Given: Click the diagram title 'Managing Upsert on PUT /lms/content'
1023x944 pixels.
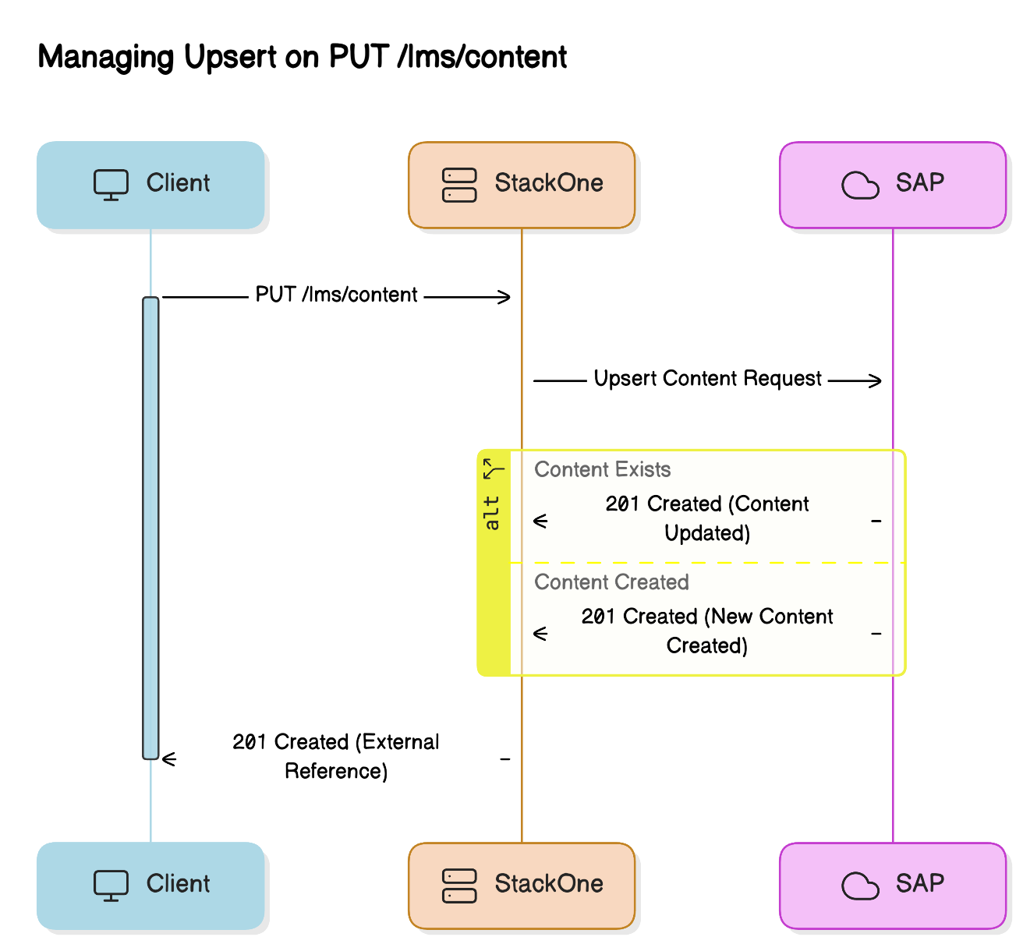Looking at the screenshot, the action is [x=303, y=57].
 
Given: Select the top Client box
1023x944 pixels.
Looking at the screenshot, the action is [x=150, y=185].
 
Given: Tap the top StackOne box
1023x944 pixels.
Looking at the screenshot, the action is [x=522, y=185].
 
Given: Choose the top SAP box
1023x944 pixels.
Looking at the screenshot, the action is [x=893, y=185].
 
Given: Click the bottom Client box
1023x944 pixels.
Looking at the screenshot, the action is [x=150, y=886].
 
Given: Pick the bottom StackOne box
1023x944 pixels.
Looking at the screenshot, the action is [x=522, y=886].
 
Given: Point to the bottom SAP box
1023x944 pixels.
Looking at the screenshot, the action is [x=893, y=886].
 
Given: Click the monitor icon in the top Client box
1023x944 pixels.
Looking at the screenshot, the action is [x=111, y=185].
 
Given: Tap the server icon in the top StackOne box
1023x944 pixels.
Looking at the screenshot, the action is [x=459, y=185].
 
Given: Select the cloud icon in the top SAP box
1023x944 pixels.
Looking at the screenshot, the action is [x=860, y=185].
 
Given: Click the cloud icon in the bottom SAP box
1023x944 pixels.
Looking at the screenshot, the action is [x=860, y=886].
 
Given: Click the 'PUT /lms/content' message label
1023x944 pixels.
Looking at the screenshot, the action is [x=336, y=295].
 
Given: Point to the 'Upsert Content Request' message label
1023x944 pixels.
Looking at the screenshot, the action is [x=707, y=379].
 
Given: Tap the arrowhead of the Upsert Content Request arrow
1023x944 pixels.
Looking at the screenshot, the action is [x=875, y=381].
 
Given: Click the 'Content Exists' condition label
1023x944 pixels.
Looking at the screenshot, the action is [x=602, y=470].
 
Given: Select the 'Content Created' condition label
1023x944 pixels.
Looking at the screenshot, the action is [x=611, y=582].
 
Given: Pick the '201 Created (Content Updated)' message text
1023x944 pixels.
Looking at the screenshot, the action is [x=706, y=518].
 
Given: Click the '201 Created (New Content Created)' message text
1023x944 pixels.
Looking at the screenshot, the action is [x=706, y=631].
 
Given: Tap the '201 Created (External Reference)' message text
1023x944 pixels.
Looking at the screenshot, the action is [x=336, y=757].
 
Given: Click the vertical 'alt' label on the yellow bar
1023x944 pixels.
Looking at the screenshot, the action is [x=492, y=513].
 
